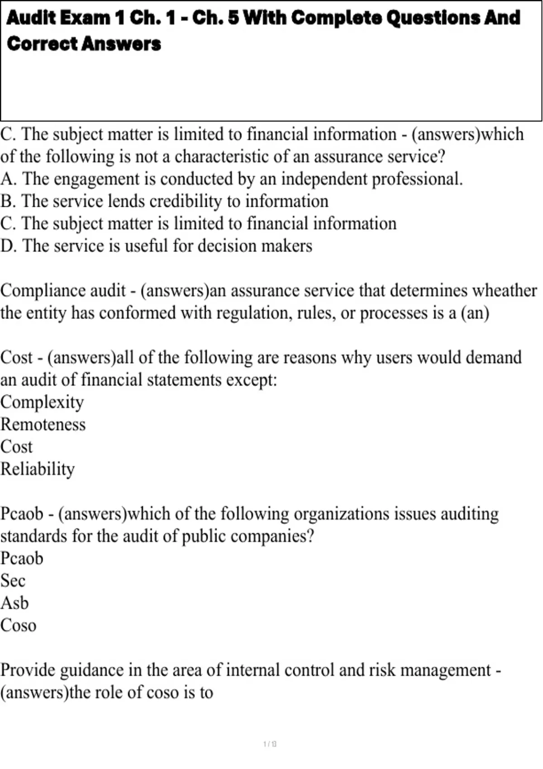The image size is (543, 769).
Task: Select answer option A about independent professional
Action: click(231, 179)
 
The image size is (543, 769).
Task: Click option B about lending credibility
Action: click(164, 201)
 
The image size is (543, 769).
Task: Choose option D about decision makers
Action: click(156, 246)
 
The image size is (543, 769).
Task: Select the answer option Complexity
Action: click(42, 402)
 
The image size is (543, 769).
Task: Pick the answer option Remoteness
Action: click(43, 424)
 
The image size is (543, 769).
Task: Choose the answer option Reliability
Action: click(38, 469)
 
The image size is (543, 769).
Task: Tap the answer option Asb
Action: click(14, 603)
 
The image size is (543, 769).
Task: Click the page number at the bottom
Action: click(270, 744)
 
